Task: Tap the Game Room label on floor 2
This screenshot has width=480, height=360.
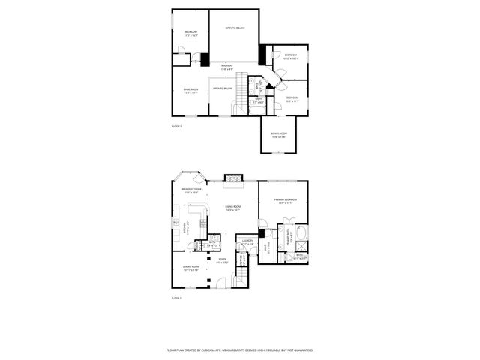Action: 190,89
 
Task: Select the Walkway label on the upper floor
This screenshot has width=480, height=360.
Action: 227,67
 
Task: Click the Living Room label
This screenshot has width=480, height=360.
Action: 232,208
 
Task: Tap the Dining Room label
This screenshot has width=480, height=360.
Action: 190,268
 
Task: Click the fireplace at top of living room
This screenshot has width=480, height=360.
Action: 234,180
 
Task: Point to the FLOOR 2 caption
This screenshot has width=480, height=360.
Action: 177,126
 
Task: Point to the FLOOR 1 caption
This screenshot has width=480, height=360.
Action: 177,298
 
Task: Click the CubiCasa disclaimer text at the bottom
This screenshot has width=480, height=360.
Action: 239,349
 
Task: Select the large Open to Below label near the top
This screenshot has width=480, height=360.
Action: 235,28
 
